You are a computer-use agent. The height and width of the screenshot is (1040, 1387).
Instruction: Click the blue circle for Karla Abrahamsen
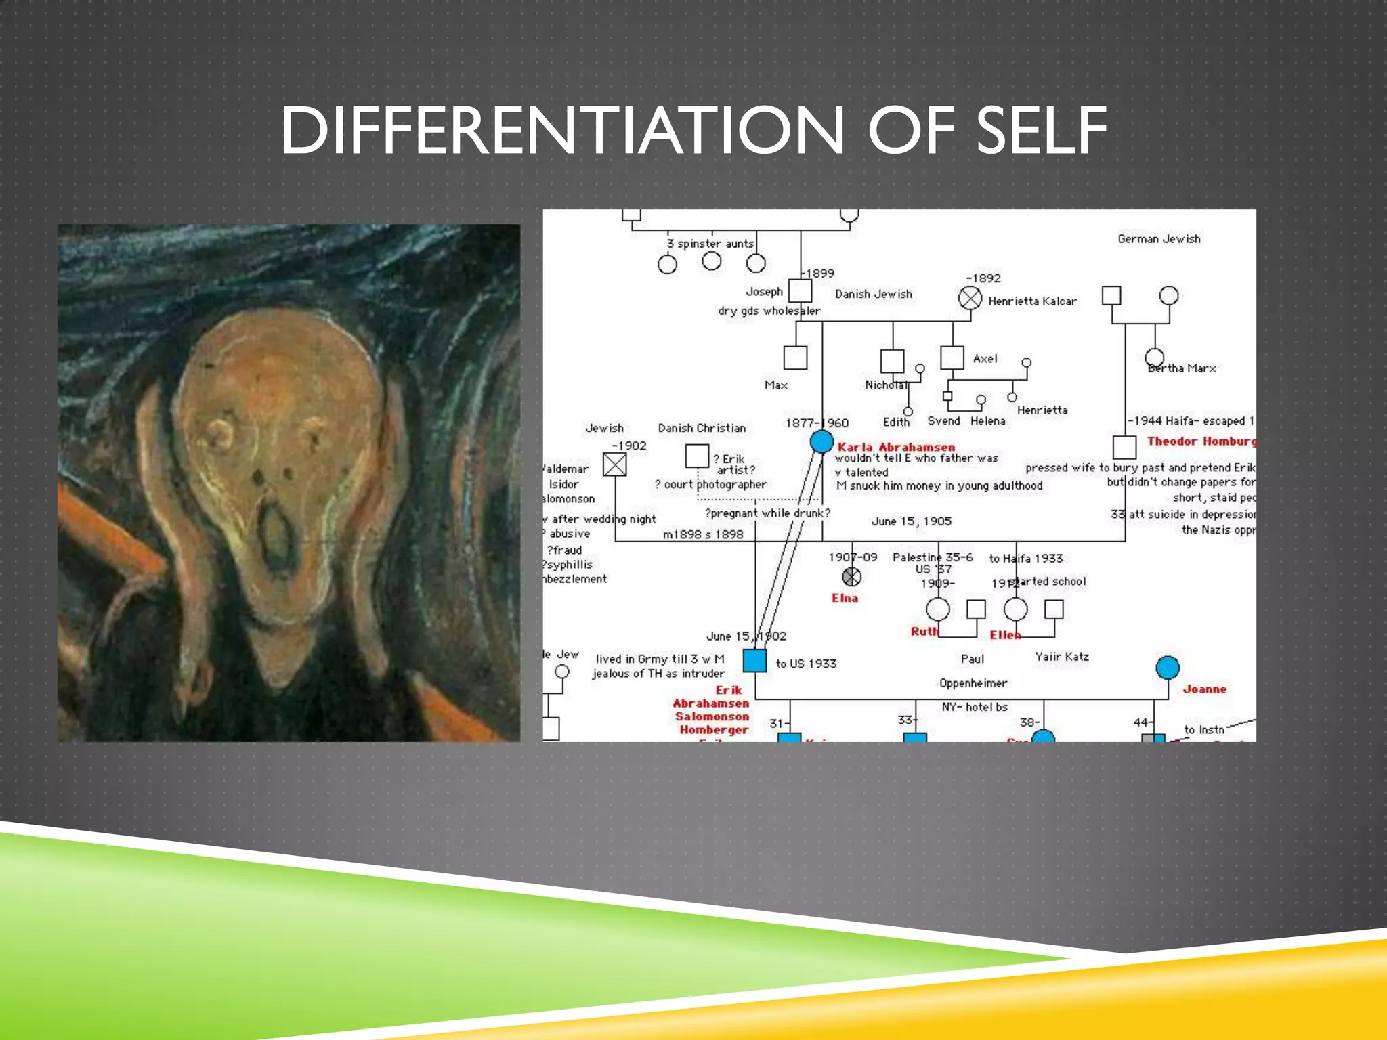click(821, 441)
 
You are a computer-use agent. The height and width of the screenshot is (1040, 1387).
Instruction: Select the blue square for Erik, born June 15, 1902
click(754, 660)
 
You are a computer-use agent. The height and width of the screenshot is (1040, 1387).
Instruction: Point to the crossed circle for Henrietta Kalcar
click(970, 298)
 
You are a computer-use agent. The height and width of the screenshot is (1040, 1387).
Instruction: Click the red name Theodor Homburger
click(1201, 441)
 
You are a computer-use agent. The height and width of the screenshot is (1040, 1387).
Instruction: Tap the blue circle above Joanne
click(1168, 668)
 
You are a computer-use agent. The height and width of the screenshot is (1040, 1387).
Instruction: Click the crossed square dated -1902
click(615, 464)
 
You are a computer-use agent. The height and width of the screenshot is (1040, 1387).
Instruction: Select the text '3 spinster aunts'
click(710, 244)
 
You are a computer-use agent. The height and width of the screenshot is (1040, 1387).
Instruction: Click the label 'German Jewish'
click(1159, 239)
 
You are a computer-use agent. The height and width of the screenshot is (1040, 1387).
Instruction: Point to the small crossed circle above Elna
click(851, 577)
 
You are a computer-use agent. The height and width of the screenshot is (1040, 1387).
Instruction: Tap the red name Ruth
click(924, 632)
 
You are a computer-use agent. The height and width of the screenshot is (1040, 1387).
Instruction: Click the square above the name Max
click(795, 357)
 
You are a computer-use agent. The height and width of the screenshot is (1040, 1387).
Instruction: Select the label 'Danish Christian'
click(702, 428)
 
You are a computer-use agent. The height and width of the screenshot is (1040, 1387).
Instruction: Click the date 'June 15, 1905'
click(911, 521)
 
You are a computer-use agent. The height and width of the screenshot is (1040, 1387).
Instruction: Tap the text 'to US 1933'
click(806, 664)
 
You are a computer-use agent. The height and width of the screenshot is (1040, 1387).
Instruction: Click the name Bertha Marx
click(1182, 368)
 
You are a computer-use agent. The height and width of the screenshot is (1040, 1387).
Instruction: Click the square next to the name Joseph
click(800, 291)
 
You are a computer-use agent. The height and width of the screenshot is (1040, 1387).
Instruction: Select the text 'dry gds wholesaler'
click(769, 311)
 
